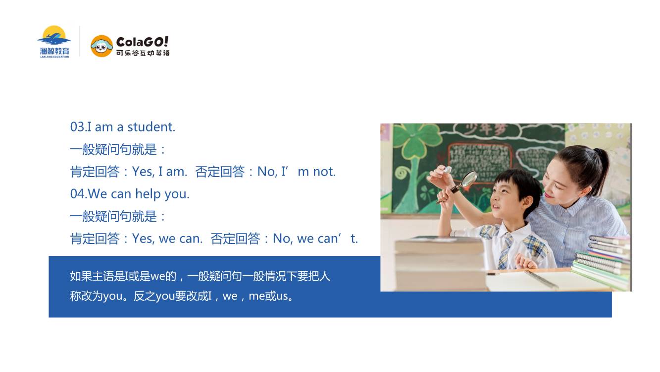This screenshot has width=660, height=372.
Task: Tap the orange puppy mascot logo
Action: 102,46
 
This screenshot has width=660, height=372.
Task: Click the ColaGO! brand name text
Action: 142,42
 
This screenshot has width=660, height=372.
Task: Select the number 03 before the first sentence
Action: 77,127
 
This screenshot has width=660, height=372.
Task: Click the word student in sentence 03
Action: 151,127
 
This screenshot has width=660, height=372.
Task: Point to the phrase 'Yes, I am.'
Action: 159,172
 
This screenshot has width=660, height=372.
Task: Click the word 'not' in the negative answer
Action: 324,172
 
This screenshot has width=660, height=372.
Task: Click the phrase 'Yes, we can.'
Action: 167,239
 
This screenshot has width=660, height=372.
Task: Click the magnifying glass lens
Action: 468,179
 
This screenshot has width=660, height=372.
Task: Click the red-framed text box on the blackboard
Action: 480,159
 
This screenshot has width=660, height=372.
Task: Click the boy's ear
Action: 526,203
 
